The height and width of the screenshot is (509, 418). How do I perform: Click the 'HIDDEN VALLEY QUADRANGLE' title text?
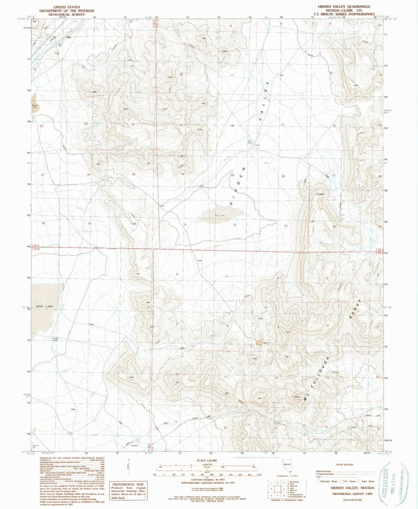344,6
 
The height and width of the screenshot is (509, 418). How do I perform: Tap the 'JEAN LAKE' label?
45,306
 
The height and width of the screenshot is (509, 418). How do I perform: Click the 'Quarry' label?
266,343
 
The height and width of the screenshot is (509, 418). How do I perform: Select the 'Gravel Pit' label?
35,107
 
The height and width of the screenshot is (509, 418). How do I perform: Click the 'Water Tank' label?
56,339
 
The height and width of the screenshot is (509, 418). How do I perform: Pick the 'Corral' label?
257,145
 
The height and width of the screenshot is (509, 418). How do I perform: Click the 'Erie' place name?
69,37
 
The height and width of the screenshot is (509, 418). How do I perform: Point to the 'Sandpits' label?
135,445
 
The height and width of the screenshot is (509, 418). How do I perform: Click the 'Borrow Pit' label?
36,446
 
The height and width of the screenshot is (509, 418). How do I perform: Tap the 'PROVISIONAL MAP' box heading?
128,484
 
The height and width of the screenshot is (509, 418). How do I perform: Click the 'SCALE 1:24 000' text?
207,460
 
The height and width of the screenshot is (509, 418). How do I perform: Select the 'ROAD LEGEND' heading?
345,464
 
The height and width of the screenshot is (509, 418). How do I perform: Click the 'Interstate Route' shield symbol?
318,481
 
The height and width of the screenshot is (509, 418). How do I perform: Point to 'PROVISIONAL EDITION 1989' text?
352,494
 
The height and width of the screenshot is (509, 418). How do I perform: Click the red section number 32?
235,225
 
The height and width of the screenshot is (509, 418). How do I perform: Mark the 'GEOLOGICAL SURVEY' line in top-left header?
67,14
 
